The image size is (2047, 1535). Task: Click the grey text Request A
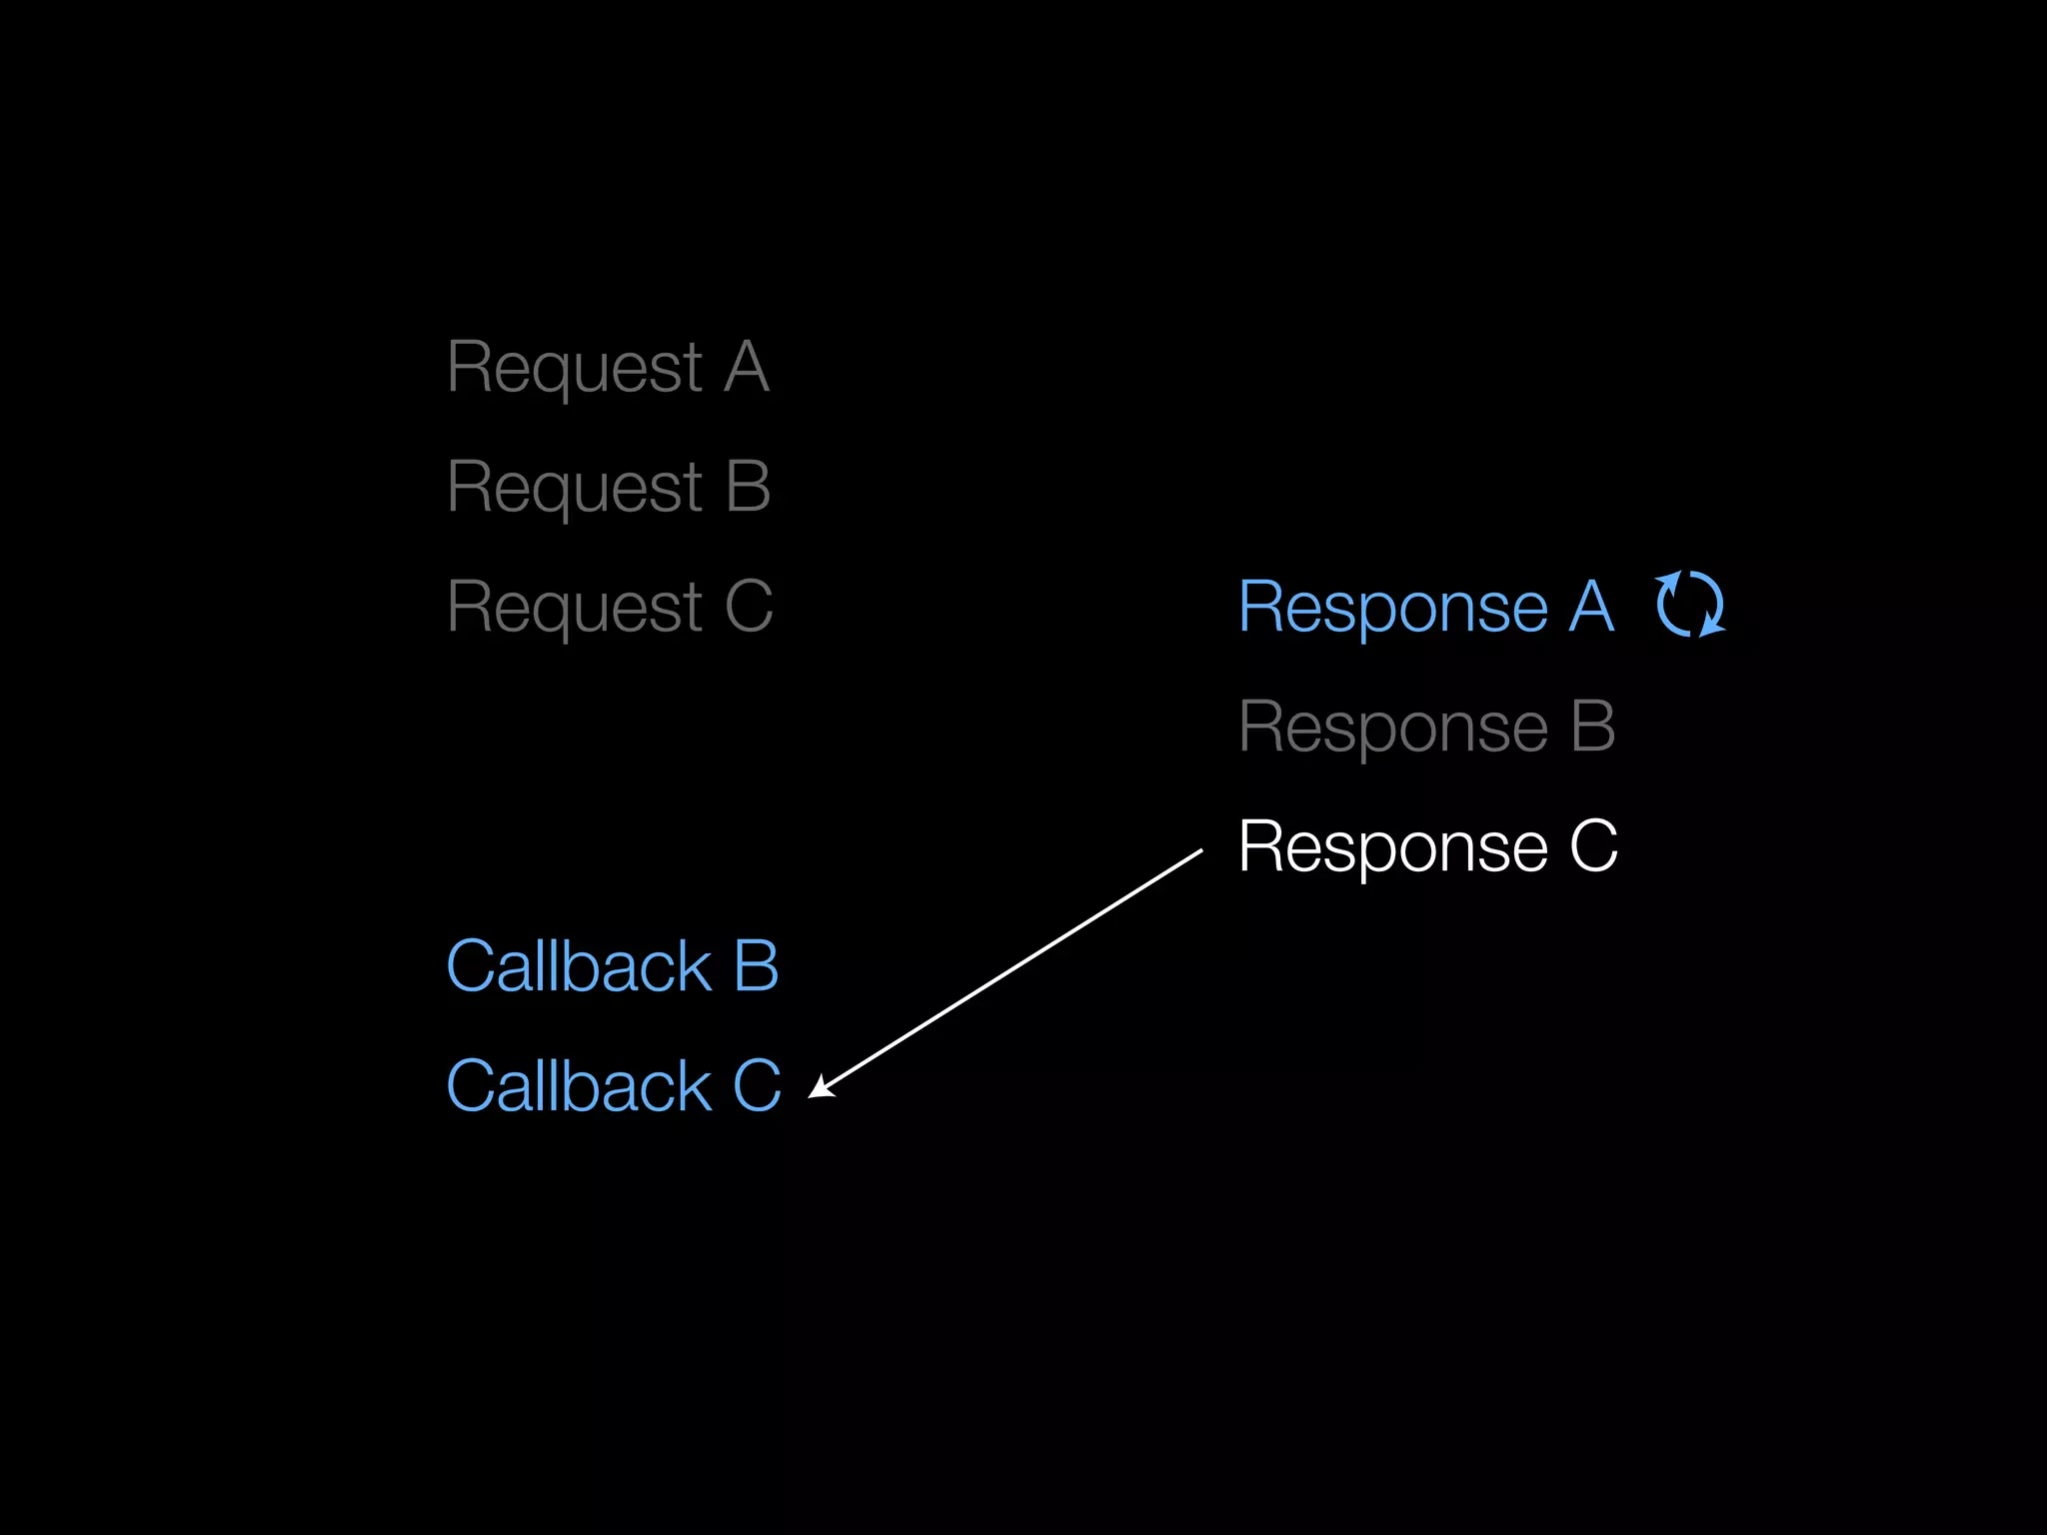608,368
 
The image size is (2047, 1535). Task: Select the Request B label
609,488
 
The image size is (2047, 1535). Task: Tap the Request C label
610,608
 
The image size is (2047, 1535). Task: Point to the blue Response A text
1426,607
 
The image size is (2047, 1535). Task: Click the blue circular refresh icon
1690,605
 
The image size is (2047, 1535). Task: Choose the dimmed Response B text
1426,727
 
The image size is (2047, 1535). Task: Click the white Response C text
1427,846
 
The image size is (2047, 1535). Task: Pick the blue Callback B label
612,966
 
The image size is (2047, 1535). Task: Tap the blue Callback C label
613,1086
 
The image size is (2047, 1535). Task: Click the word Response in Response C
1393,847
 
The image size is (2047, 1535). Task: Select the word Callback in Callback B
579,966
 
